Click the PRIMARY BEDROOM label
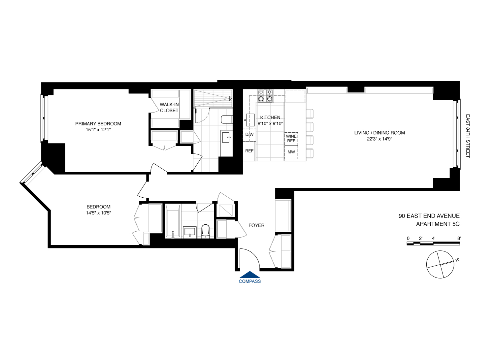[98, 124]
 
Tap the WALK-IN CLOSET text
[169, 108]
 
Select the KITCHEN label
[270, 117]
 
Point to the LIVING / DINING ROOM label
[379, 133]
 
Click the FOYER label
[256, 225]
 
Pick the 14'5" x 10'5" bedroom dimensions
[98, 213]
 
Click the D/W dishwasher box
[249, 135]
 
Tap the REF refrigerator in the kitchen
[249, 151]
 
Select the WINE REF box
[291, 139]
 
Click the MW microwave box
[291, 152]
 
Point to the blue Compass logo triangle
[250, 275]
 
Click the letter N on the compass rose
[457, 260]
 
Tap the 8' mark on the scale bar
[459, 238]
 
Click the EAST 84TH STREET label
[468, 136]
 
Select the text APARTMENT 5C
[438, 224]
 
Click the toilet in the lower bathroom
[205, 231]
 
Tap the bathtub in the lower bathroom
[173, 221]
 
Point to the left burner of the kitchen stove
[261, 98]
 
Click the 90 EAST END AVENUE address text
[429, 216]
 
